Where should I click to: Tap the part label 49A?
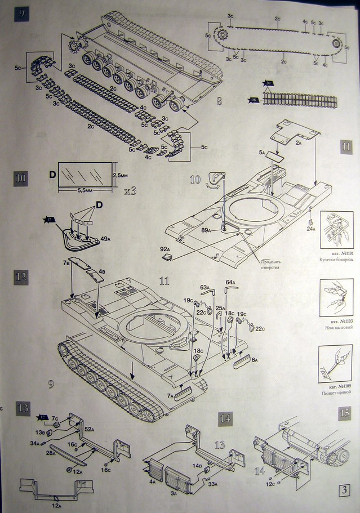[x=105, y=239]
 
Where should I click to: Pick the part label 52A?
[x=89, y=429]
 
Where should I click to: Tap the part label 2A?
[x=299, y=143]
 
